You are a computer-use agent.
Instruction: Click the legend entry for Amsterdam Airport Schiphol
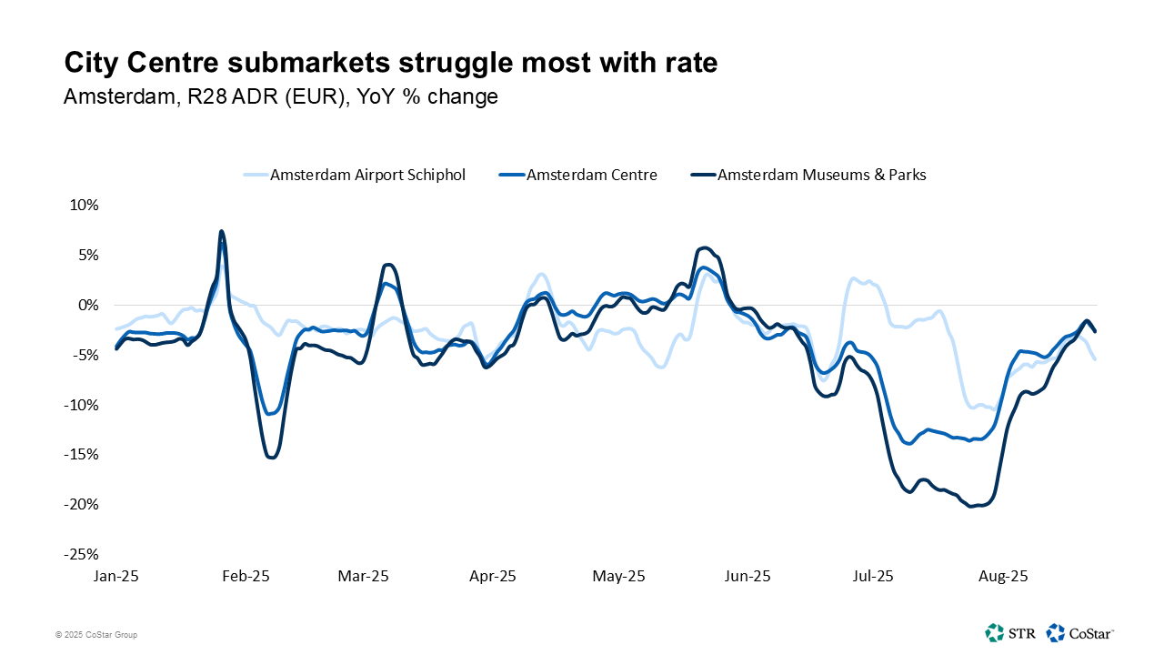366,175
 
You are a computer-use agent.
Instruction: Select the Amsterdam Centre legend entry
591,175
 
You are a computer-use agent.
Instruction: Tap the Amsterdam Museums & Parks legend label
821,175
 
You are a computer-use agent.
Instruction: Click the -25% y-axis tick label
81,554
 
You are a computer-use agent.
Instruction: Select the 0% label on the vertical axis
87,305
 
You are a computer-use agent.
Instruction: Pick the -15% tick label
81,454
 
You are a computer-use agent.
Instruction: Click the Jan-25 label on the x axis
116,576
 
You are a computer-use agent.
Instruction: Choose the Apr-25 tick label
492,576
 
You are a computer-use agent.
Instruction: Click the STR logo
1009,632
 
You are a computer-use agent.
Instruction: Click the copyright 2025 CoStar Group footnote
95,635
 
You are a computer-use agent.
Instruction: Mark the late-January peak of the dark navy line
221,231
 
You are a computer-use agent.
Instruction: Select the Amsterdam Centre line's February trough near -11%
269,414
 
